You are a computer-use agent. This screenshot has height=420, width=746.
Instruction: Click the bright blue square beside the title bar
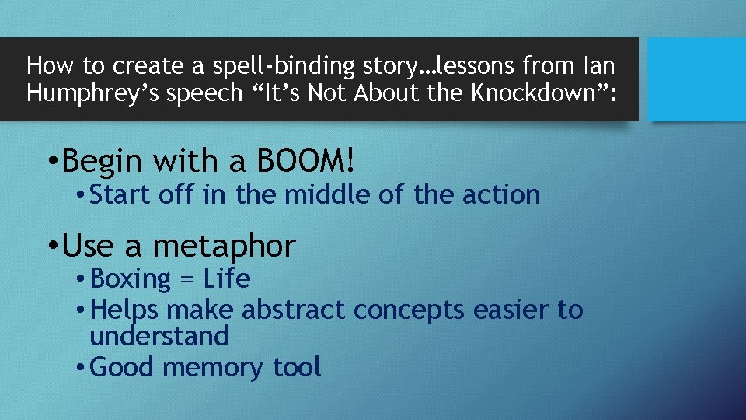click(x=696, y=79)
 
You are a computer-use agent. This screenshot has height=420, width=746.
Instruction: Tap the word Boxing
click(x=131, y=278)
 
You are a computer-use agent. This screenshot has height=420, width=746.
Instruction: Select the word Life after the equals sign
click(x=226, y=278)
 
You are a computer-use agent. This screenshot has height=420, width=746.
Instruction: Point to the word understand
click(x=159, y=336)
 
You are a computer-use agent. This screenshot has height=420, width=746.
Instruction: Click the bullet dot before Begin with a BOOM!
click(x=51, y=163)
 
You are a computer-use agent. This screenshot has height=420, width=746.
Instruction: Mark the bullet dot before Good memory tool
click(x=81, y=368)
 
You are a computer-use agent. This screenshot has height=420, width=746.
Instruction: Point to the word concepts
click(x=403, y=310)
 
